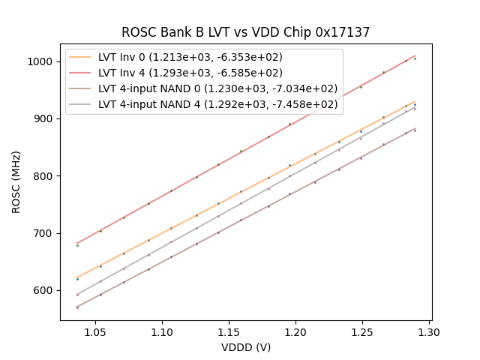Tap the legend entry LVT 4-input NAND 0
pos(217,88)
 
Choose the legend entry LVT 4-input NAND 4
pos(217,104)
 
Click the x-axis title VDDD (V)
pos(246,347)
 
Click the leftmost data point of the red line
pos(77,244)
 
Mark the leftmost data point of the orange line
pos(77,278)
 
